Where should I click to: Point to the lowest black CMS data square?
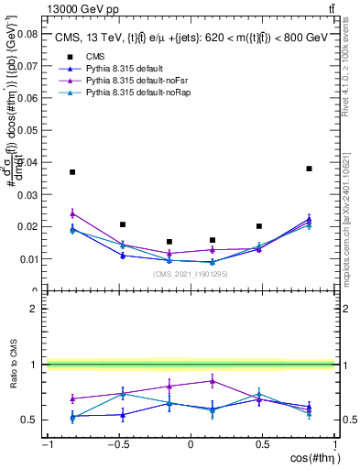pos(169,242)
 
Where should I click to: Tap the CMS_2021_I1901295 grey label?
pos(190,274)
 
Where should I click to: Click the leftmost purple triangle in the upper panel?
pos(72,213)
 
